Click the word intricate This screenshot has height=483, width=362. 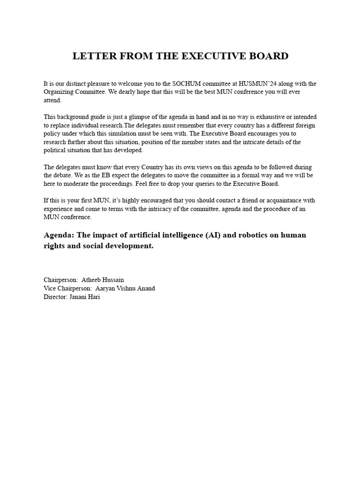coord(249,142)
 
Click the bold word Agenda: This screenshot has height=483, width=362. coord(59,235)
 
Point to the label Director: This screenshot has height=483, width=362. coord(55,297)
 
